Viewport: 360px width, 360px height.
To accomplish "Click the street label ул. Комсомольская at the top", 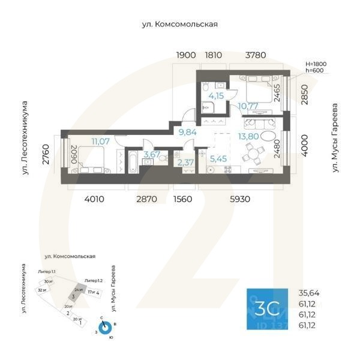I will (179, 25).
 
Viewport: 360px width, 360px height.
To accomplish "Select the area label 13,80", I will (249, 137).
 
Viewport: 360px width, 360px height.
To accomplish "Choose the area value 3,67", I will (151, 155).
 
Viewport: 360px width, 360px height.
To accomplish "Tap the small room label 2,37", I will (185, 161).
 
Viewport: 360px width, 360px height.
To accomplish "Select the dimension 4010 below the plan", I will (94, 199).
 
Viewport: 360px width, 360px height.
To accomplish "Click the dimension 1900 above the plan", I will (186, 55).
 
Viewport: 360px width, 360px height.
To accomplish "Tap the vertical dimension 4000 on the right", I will (305, 145).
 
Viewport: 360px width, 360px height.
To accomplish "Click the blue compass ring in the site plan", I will (106, 328).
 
